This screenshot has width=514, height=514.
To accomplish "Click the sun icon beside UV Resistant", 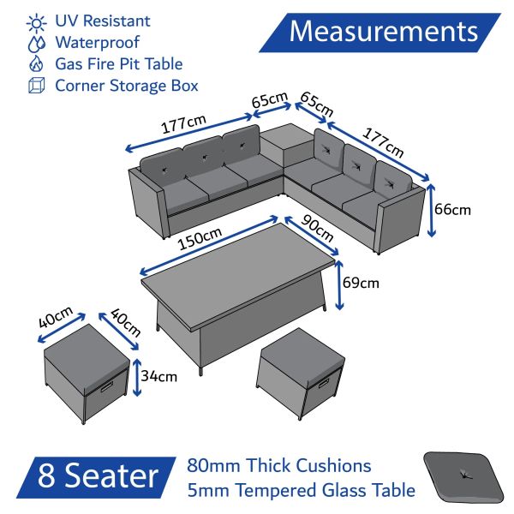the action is coord(37,23).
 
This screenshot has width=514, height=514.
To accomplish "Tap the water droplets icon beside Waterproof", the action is coord(36,44).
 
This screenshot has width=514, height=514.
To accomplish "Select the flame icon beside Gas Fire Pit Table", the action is coord(36,63).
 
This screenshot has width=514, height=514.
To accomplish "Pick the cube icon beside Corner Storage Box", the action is coord(36,85).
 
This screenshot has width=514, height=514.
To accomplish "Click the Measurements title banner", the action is coord(380,33).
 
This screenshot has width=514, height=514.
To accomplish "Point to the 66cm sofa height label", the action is coord(452,210).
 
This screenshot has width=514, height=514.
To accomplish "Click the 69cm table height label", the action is coord(361,283).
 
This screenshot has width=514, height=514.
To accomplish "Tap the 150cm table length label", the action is coord(200,238).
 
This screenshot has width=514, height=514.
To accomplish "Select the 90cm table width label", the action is coord(317,228).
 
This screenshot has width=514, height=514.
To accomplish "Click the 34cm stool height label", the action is coord(159,376).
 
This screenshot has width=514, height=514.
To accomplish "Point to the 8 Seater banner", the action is coord(96,477).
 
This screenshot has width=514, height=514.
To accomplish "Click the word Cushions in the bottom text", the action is coord(333,465).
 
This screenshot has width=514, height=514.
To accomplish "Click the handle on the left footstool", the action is coord(107,387).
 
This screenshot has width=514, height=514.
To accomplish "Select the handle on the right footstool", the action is coord(323,383).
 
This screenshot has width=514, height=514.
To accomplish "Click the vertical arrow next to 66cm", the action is coord(431,211).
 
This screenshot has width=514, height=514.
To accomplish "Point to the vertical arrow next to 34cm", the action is coord(137,377).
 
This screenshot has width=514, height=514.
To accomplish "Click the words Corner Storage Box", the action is coord(127,86).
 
